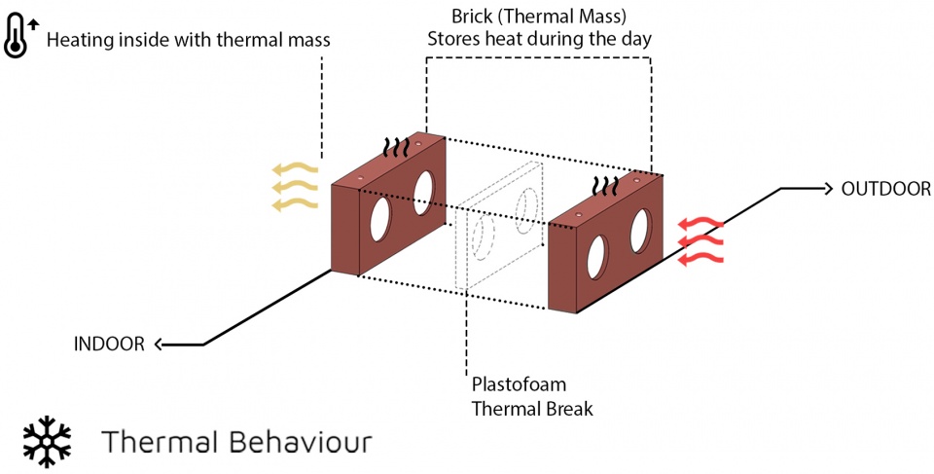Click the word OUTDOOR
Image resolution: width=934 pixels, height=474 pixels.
(885, 189)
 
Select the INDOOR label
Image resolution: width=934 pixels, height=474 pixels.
(109, 343)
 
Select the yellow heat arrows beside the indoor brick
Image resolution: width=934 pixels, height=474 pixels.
(295, 186)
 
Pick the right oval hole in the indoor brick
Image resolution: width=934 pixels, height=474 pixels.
(424, 191)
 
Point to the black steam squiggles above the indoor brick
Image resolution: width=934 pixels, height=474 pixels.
(394, 147)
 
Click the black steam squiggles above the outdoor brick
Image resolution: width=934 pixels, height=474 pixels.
(607, 185)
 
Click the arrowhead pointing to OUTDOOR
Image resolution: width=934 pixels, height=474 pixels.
(828, 188)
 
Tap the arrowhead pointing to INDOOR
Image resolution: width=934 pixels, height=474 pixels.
(159, 344)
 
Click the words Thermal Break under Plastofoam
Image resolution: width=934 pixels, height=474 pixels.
(531, 408)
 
